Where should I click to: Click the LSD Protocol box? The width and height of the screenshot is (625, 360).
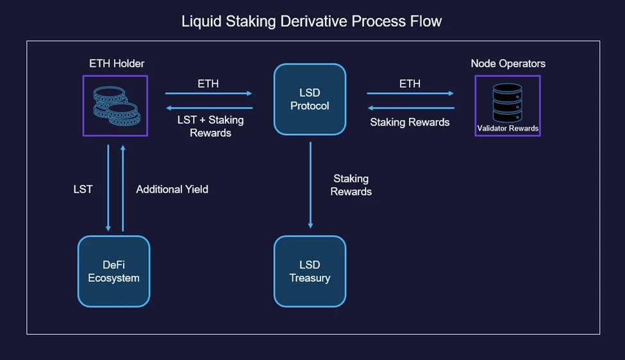(x=310, y=99)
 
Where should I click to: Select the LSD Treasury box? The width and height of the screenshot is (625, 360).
(x=310, y=271)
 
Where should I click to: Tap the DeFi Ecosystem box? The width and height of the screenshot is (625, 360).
(x=114, y=271)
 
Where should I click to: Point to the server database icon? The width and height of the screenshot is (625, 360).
(x=508, y=102)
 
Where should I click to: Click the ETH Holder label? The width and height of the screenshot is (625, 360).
(x=117, y=63)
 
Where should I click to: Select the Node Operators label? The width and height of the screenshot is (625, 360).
(x=508, y=63)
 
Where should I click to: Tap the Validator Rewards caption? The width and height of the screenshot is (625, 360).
(x=508, y=128)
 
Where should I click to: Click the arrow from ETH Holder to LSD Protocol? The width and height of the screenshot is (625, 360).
(x=208, y=93)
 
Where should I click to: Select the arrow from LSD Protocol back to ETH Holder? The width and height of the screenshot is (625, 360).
(x=209, y=108)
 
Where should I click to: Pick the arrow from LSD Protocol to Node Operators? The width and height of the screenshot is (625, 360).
(x=410, y=93)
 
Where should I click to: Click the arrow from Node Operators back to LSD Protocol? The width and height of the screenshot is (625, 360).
(x=411, y=108)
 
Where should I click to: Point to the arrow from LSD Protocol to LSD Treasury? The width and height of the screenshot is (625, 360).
(x=310, y=185)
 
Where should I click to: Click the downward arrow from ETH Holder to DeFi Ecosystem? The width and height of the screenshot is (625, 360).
(x=108, y=188)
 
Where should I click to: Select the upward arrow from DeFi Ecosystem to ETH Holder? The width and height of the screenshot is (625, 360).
(x=123, y=188)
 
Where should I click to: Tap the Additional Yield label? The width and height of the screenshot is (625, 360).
(x=172, y=189)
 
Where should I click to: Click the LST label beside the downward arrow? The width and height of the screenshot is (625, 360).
(x=83, y=189)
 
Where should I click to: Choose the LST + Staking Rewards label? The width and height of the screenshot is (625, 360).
(x=210, y=126)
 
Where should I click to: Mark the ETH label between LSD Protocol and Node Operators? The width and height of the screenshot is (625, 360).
(x=410, y=84)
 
